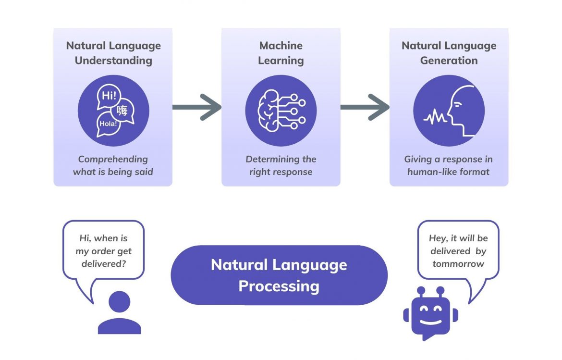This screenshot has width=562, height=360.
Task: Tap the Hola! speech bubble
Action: tap(107, 123)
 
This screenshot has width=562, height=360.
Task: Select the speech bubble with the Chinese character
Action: tap(123, 111)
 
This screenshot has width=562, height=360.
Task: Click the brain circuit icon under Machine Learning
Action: tap(281, 111)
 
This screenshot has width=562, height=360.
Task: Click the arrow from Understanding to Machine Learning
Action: tap(196, 107)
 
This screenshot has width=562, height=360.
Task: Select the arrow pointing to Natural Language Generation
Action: tap(365, 107)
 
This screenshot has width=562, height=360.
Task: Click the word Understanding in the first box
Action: tap(113, 61)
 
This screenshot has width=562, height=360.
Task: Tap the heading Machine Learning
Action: tap(281, 53)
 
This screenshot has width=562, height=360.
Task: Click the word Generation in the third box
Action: tap(449, 61)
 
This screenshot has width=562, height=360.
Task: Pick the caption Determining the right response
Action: tap(281, 165)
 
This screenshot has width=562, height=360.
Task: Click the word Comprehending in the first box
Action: tap(113, 159)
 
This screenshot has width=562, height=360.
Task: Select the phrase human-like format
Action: tap(449, 172)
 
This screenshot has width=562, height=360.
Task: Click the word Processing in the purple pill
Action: tap(279, 286)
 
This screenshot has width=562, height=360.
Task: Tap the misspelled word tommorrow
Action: tap(458, 264)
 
